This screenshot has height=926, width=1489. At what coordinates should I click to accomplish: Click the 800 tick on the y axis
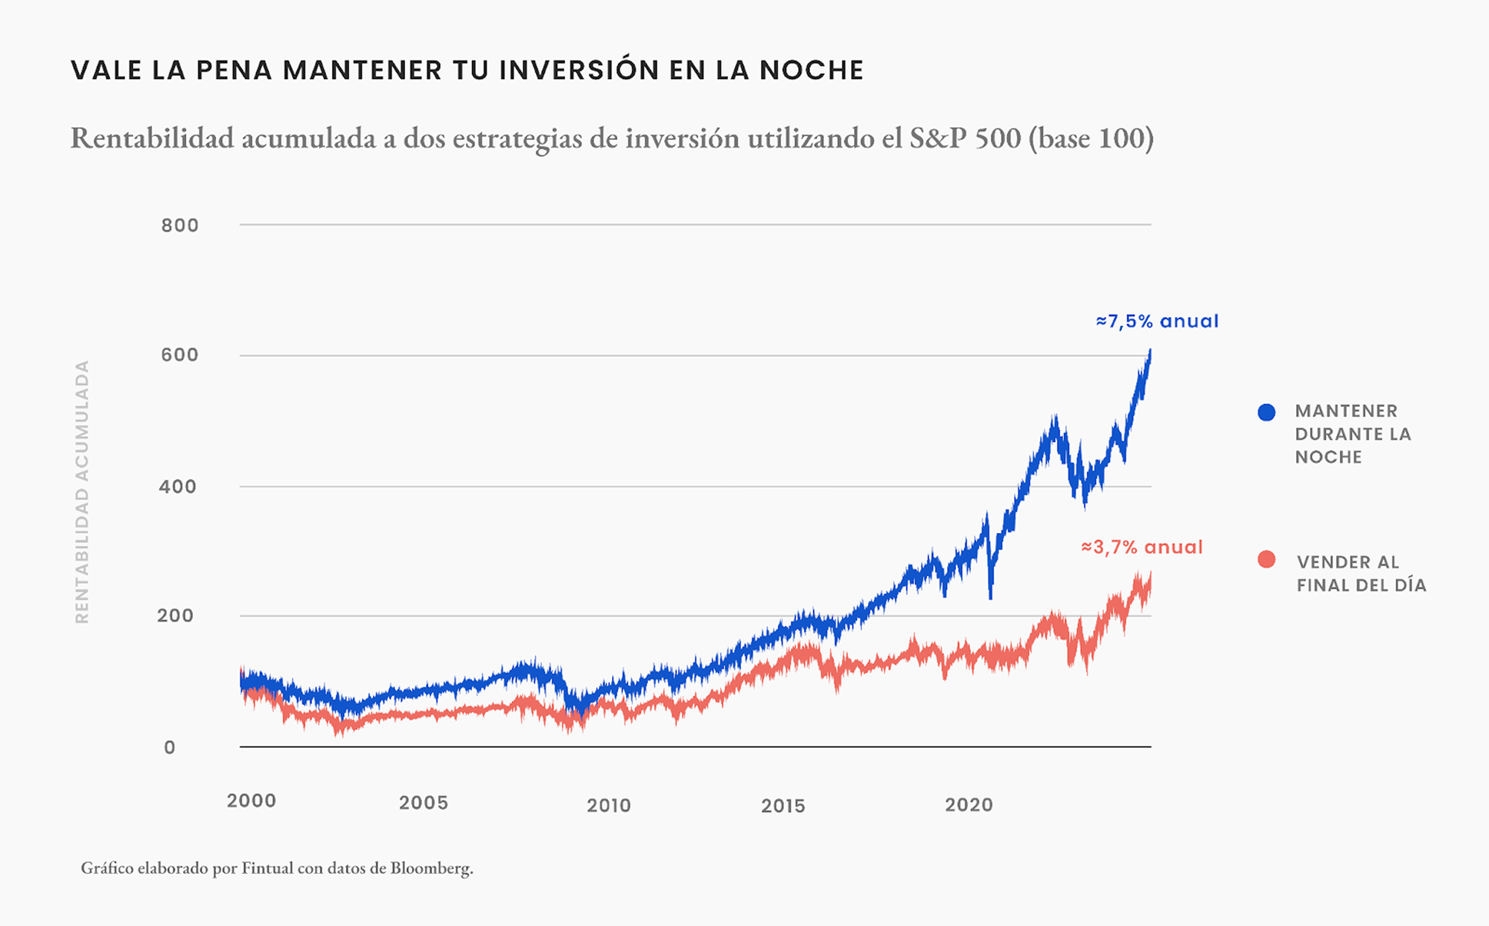[179, 226]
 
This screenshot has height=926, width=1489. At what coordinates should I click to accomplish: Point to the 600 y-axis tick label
[179, 355]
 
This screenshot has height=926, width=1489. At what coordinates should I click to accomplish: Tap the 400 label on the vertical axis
[177, 487]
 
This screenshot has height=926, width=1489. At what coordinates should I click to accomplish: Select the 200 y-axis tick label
[175, 616]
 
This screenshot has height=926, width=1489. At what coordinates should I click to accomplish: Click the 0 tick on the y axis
[170, 747]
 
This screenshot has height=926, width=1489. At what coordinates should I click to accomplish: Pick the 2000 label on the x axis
[251, 801]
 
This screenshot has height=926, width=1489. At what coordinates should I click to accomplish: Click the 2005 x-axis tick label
[423, 803]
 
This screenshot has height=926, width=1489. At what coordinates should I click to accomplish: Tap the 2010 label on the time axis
[608, 805]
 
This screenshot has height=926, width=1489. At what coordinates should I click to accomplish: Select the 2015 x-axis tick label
[782, 805]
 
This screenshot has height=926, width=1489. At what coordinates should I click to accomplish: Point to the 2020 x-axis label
[969, 805]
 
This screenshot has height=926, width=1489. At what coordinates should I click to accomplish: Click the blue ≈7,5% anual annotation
[1157, 322]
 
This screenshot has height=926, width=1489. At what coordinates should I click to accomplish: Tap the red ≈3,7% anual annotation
[1142, 547]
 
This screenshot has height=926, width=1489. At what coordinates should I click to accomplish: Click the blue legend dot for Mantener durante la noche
[1266, 412]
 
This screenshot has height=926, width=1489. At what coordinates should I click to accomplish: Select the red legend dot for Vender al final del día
[1266, 560]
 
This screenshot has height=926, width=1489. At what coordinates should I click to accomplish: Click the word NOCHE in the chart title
[812, 70]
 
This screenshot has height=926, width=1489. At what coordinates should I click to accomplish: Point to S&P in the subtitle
[938, 138]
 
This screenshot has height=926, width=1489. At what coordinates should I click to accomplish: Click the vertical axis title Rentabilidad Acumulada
[82, 492]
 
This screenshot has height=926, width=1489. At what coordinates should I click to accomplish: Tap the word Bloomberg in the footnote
[431, 868]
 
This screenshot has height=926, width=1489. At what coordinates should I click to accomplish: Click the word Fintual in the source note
[267, 868]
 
